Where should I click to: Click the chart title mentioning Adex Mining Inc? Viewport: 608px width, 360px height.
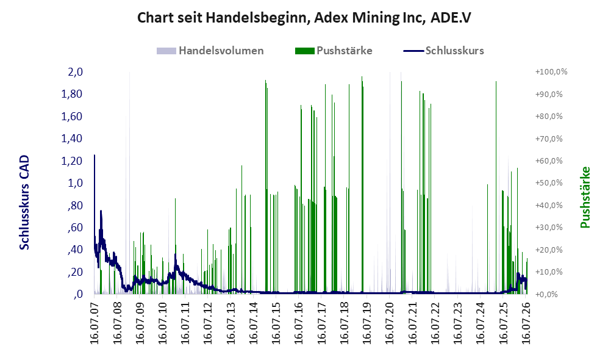pyautogui.click(x=304, y=18)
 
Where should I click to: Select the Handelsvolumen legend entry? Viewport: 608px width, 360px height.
pyautogui.click(x=210, y=51)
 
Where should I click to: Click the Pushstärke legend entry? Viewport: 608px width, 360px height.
pyautogui.click(x=334, y=51)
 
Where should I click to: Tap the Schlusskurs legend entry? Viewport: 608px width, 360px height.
pyautogui.click(x=443, y=51)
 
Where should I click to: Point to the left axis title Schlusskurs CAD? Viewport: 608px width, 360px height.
pyautogui.click(x=24, y=203)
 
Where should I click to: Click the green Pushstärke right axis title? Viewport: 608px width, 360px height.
pyautogui.click(x=585, y=198)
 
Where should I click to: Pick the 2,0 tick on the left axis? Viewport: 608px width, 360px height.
pyautogui.click(x=75, y=72)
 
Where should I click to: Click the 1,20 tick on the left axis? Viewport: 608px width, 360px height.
pyautogui.click(x=72, y=160)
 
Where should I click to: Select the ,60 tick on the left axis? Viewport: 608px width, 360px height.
pyautogui.click(x=75, y=228)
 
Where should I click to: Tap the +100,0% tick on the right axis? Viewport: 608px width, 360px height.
pyautogui.click(x=551, y=72)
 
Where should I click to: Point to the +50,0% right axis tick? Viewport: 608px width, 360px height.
pyautogui.click(x=549, y=182)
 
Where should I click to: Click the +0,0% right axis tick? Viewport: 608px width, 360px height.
pyautogui.click(x=547, y=294)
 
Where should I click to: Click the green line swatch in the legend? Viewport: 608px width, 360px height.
pyautogui.click(x=305, y=51)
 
